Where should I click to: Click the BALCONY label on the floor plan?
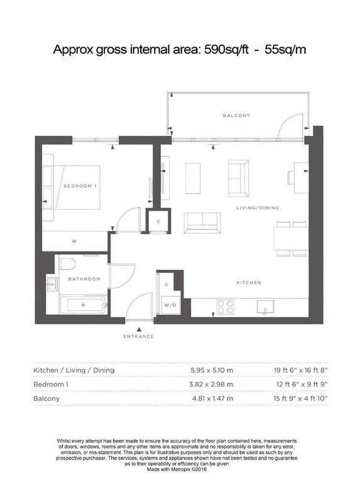click(236, 116)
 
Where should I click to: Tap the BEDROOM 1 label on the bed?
click(80, 186)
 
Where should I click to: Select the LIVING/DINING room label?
click(258, 208)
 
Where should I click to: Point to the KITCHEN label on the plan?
click(249, 282)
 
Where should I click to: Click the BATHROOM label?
click(84, 279)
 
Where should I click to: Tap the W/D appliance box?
click(170, 305)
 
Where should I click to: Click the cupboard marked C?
click(158, 221)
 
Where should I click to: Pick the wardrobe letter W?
click(74, 241)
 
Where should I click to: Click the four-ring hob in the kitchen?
click(226, 307)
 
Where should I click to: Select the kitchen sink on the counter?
click(265, 307)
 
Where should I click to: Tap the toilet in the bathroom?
click(68, 264)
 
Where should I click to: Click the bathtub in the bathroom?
click(83, 304)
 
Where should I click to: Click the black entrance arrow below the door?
click(139, 329)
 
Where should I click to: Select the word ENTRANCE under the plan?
click(138, 336)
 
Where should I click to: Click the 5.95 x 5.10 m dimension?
click(212, 370)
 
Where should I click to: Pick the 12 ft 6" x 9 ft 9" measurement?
click(302, 384)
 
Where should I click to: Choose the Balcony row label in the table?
click(46, 399)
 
